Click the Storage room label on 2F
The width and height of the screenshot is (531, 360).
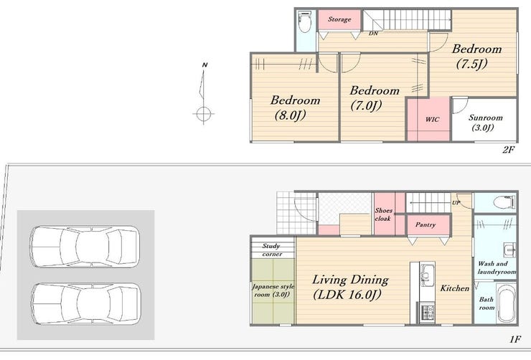point(339,19)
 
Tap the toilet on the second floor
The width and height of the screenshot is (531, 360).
point(305,22)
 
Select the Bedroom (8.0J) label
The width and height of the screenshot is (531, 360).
point(295,108)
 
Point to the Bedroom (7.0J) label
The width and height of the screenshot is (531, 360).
point(374,98)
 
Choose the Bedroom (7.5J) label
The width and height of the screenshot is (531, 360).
point(476,56)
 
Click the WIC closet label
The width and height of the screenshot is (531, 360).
point(432,119)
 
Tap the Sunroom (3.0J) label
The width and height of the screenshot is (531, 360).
point(485,122)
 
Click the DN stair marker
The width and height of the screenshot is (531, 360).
point(373,33)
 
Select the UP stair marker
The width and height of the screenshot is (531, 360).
point(456,203)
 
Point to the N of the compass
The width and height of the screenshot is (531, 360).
point(205,65)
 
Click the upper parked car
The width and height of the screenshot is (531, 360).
point(85,247)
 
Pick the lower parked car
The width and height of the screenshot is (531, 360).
point(86,304)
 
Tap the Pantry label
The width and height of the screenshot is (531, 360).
point(426,224)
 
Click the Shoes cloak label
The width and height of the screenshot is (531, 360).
point(383,214)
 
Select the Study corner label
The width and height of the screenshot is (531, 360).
point(271,250)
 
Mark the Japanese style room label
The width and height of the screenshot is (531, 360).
point(273,290)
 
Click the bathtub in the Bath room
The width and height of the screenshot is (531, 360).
point(507,303)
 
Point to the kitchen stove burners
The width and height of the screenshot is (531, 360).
point(428,313)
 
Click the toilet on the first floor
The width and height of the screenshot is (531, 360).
point(504,203)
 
